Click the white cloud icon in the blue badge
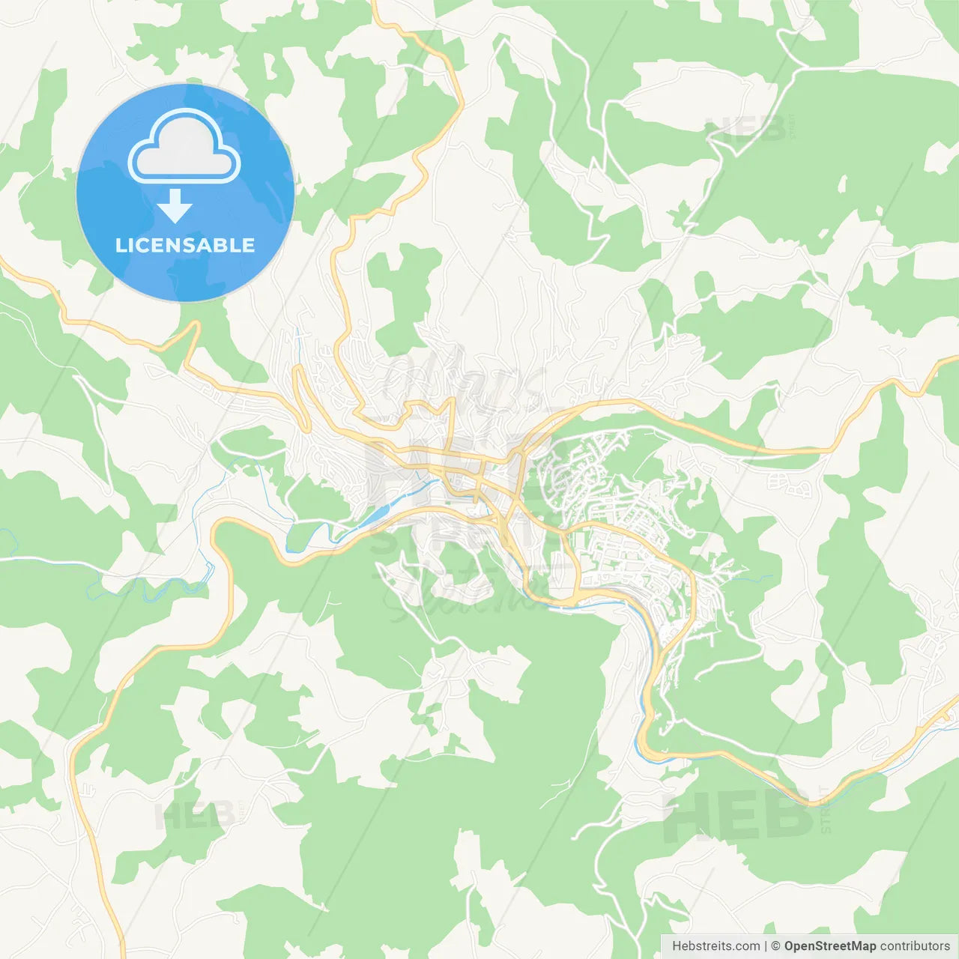coord(184,147)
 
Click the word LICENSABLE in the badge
coord(185,245)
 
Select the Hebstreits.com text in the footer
coord(716,946)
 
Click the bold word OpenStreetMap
coord(830,946)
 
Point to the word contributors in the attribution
coord(915,946)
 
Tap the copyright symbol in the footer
coord(775,946)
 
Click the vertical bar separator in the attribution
coord(766,946)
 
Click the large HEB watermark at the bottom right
coord(737,817)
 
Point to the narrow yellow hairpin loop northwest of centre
coord(301,397)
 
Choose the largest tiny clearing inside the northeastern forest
coord(842,184)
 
